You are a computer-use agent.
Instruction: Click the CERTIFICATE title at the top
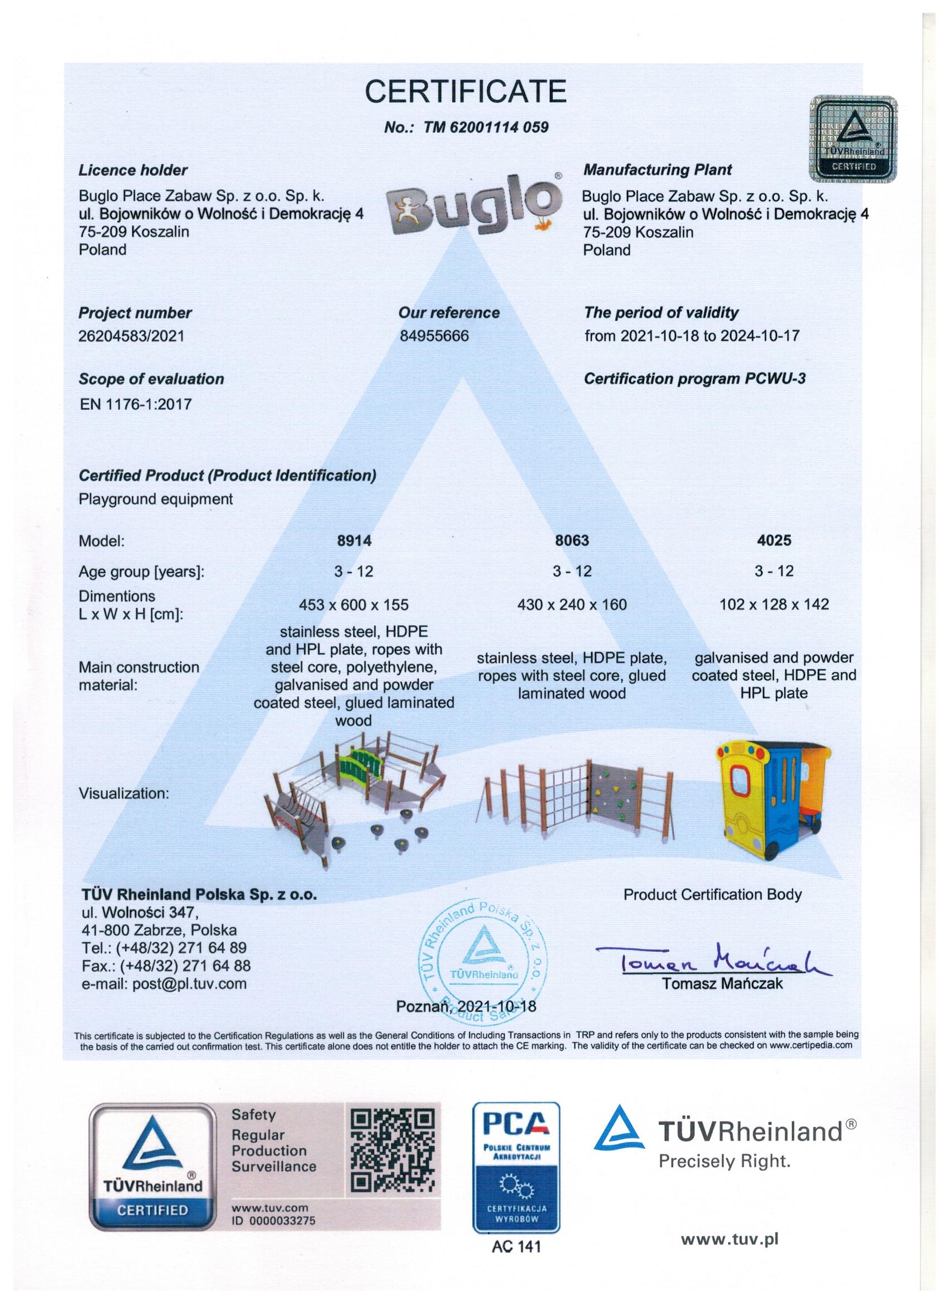pos(466,91)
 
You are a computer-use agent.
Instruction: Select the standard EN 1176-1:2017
pos(135,404)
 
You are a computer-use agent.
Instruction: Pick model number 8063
pos(572,540)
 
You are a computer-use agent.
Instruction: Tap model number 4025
pos(774,540)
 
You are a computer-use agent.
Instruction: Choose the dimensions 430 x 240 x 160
pos(572,604)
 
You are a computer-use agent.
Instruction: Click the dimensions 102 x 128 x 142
pos(774,604)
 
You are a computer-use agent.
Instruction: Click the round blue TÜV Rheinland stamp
pos(485,959)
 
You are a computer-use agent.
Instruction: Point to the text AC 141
pos(516,1246)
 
